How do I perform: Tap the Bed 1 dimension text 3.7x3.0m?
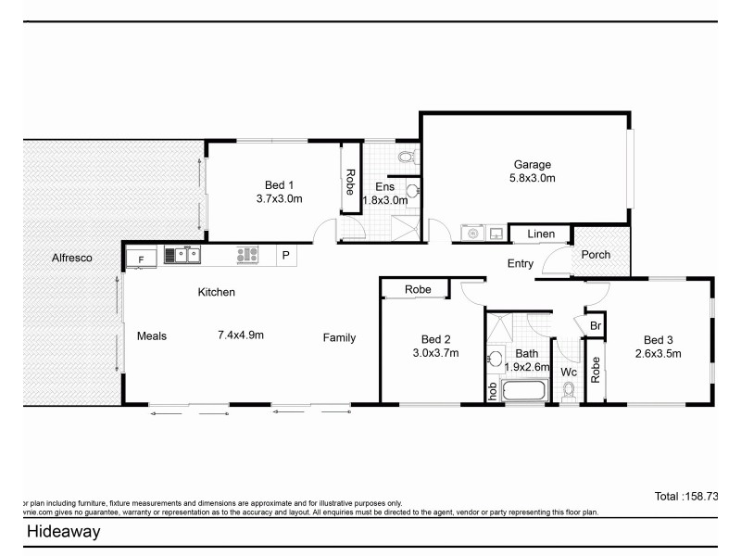click(x=280, y=198)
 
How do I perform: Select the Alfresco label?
click(x=71, y=259)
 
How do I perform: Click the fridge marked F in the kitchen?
click(x=142, y=259)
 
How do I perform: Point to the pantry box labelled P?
click(x=285, y=255)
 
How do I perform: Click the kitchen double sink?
click(x=182, y=254)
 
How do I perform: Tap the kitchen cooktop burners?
click(x=247, y=254)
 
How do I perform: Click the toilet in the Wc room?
click(x=568, y=393)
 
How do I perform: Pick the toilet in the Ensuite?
click(x=408, y=155)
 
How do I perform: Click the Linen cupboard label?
click(x=540, y=234)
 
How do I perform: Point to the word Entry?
click(x=521, y=264)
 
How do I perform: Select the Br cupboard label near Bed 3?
click(x=596, y=326)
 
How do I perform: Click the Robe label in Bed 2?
click(x=418, y=290)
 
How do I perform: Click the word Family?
click(x=339, y=338)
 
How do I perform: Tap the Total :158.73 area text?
click(x=686, y=497)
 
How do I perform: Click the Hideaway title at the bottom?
click(x=63, y=532)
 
